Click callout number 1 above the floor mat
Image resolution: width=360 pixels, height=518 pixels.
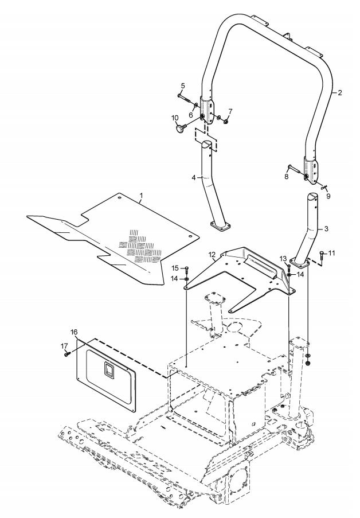[141, 196]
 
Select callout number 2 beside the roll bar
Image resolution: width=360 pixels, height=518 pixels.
[339, 92]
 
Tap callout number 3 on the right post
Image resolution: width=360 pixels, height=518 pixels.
[326, 228]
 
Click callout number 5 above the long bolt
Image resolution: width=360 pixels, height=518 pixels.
[183, 86]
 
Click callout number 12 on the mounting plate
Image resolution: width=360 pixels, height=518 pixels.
[212, 253]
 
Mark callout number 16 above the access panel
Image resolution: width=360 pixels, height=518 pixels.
[74, 332]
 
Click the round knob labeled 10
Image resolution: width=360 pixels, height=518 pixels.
[182, 130]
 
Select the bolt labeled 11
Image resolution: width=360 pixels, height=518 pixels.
[322, 256]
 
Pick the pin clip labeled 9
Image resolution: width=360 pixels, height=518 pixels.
[325, 186]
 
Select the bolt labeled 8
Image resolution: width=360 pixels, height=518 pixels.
[292, 168]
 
